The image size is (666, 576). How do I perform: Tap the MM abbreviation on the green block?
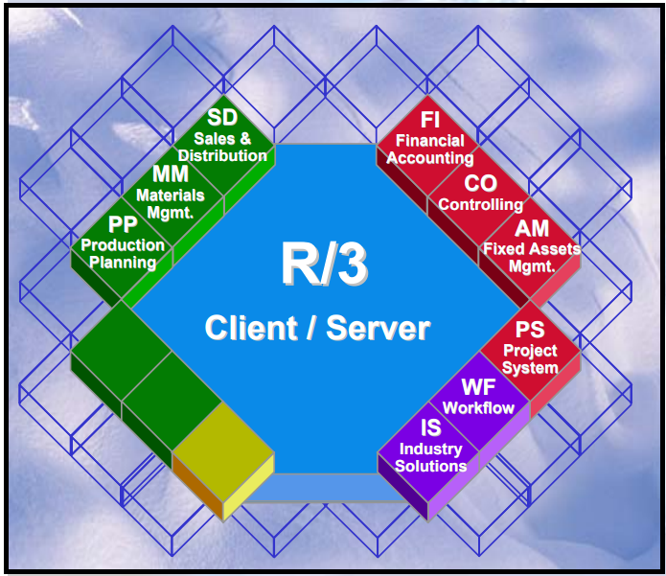tap(171, 175)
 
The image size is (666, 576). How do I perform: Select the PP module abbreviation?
tap(123, 226)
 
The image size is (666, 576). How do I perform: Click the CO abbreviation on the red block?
tap(480, 183)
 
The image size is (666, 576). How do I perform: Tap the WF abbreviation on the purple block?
tap(478, 387)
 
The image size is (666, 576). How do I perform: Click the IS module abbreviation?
tap(431, 429)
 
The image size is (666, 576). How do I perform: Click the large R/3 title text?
tap(317, 265)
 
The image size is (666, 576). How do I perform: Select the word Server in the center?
tap(378, 329)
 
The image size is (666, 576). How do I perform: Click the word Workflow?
tap(478, 408)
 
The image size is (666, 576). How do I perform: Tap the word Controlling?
tap(481, 204)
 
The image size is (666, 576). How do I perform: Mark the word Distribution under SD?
tap(222, 155)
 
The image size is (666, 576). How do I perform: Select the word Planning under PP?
tap(123, 263)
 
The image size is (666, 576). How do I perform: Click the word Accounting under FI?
tap(430, 158)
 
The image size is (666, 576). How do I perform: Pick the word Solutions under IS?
tap(431, 466)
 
